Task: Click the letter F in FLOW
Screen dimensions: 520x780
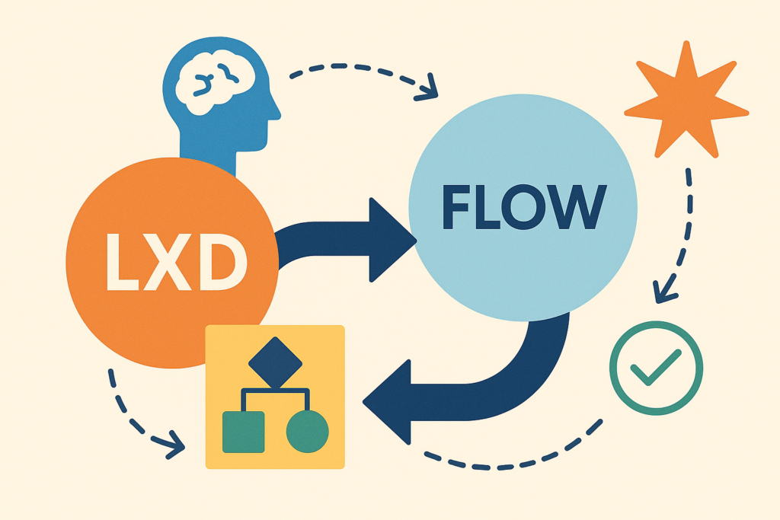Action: [456, 206]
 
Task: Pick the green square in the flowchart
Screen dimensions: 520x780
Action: [243, 432]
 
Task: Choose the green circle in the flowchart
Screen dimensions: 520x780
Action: [308, 432]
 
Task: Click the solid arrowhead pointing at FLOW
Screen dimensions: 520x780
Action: [392, 241]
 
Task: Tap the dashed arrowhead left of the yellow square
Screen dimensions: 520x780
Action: [174, 445]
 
